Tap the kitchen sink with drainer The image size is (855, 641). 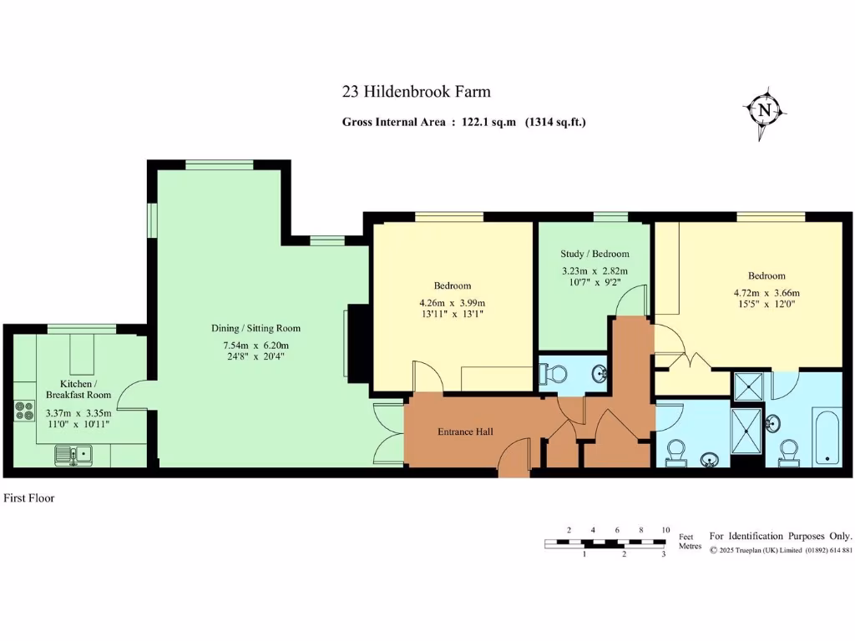74,455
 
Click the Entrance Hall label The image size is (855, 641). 465,432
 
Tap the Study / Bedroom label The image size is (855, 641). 594,254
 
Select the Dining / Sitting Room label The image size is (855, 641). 255,328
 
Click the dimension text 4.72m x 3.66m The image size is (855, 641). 766,293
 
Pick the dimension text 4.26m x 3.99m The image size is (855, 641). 452,302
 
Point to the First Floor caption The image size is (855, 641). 29,498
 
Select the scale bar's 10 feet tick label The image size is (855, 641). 665,530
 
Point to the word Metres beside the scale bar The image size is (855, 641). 690,546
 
